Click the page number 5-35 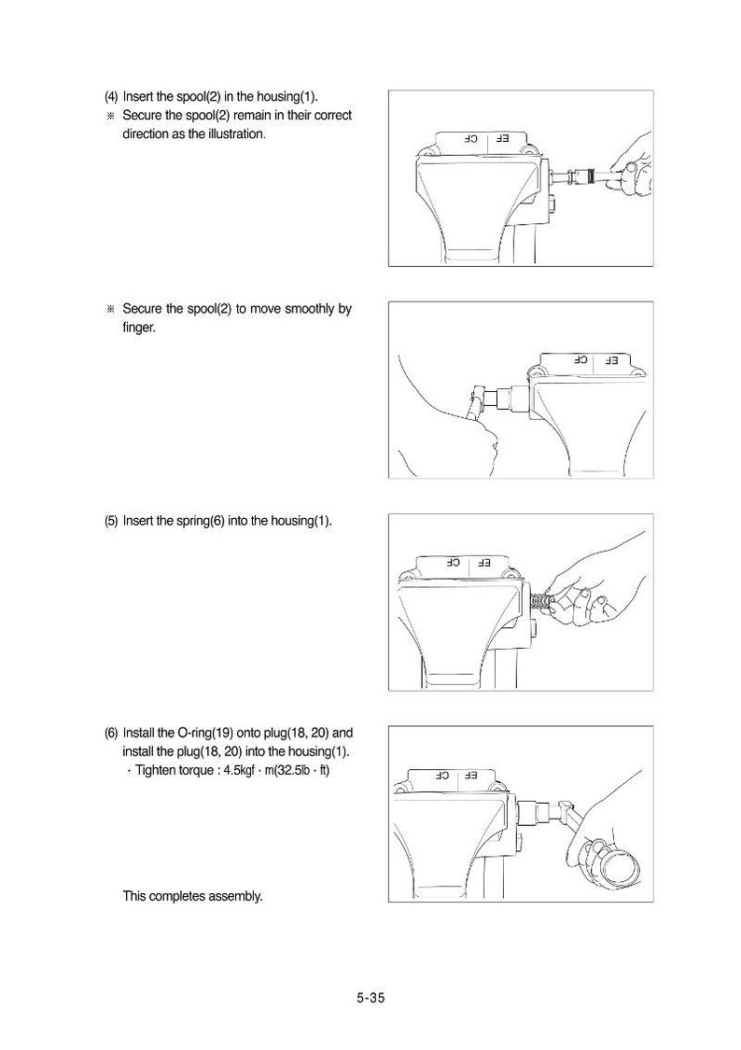point(370,998)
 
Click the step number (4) point(111,96)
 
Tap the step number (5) point(111,521)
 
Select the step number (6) point(111,733)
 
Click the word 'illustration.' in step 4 point(235,133)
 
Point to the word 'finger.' point(139,329)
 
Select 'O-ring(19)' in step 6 point(204,733)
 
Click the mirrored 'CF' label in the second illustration point(580,360)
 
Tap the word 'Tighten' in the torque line point(156,770)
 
